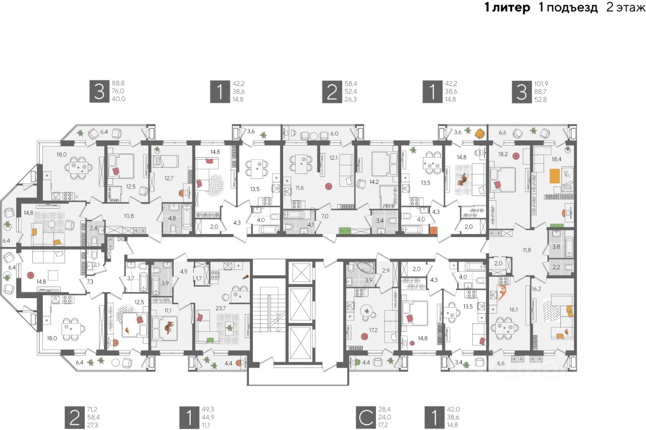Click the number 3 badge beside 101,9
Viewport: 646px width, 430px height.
[x=519, y=91]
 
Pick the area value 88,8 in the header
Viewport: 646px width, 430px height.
[x=118, y=83]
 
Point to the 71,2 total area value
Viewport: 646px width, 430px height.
[x=93, y=409]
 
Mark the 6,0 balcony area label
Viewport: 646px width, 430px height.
[x=335, y=134]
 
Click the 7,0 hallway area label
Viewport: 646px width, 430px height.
[x=325, y=216]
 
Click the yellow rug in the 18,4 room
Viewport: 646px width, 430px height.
[x=555, y=176]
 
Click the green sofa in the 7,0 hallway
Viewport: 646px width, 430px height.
[x=345, y=230]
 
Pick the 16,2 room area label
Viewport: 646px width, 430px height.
[x=536, y=289]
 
